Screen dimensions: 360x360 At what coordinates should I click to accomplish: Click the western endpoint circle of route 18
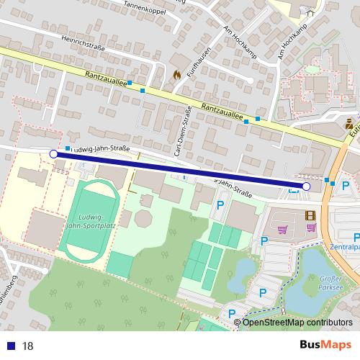[53, 154]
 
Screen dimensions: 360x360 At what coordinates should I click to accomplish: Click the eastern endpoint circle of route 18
[306, 186]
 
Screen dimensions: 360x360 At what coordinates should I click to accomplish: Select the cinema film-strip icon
[310, 215]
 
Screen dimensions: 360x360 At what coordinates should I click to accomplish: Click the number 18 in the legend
[28, 346]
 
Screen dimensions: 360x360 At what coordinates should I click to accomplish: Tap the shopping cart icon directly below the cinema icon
[311, 228]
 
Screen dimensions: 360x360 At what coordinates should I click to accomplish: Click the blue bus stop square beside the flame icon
[143, 91]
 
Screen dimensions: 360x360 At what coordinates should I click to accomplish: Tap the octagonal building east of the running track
[143, 217]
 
